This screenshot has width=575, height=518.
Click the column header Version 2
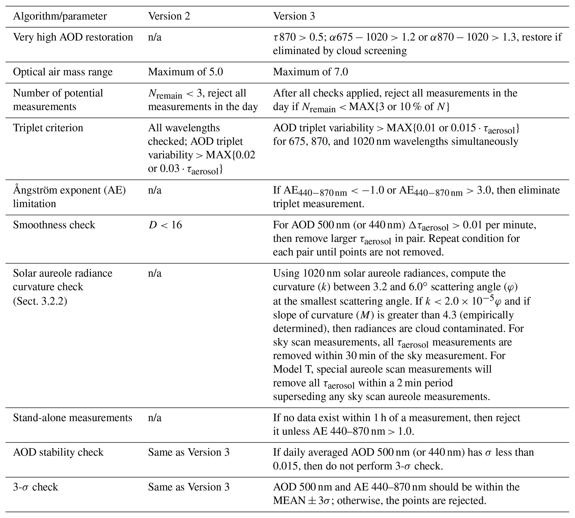pyautogui.click(x=169, y=16)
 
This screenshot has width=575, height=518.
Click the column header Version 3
pyautogui.click(x=294, y=16)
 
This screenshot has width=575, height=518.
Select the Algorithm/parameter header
pyautogui.click(x=60, y=16)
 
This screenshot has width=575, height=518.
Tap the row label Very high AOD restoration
pyautogui.click(x=73, y=37)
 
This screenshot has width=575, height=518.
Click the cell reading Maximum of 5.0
pyautogui.click(x=185, y=72)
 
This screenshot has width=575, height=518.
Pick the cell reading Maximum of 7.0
pyautogui.click(x=310, y=72)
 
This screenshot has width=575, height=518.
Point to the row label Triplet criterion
pyautogui.click(x=48, y=128)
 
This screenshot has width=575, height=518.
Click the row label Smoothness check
pyautogui.click(x=54, y=225)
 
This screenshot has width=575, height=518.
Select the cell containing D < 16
pyautogui.click(x=165, y=225)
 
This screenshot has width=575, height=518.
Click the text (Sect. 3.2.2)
pyautogui.click(x=40, y=300)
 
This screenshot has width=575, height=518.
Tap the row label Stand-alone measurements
pyautogui.click(x=73, y=418)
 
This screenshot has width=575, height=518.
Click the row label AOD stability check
pyautogui.click(x=58, y=452)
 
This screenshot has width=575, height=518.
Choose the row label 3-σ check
pyautogui.click(x=35, y=487)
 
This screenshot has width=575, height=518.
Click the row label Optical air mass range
pyautogui.click(x=63, y=72)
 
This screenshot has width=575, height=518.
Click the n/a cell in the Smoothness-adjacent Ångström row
pyautogui.click(x=155, y=190)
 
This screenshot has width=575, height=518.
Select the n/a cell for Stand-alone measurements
pyautogui.click(x=155, y=418)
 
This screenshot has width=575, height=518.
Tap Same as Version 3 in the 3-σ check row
pyautogui.click(x=188, y=487)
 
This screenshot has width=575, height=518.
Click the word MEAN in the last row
pyautogui.click(x=289, y=501)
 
